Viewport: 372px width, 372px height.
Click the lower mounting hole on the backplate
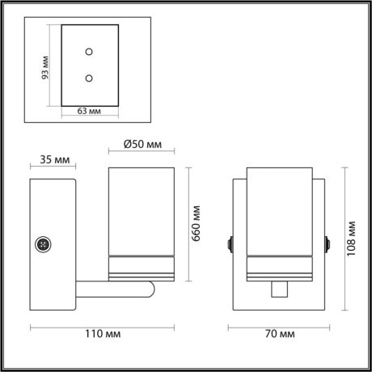(89, 78)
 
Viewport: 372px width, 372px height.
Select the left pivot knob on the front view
(231, 243)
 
